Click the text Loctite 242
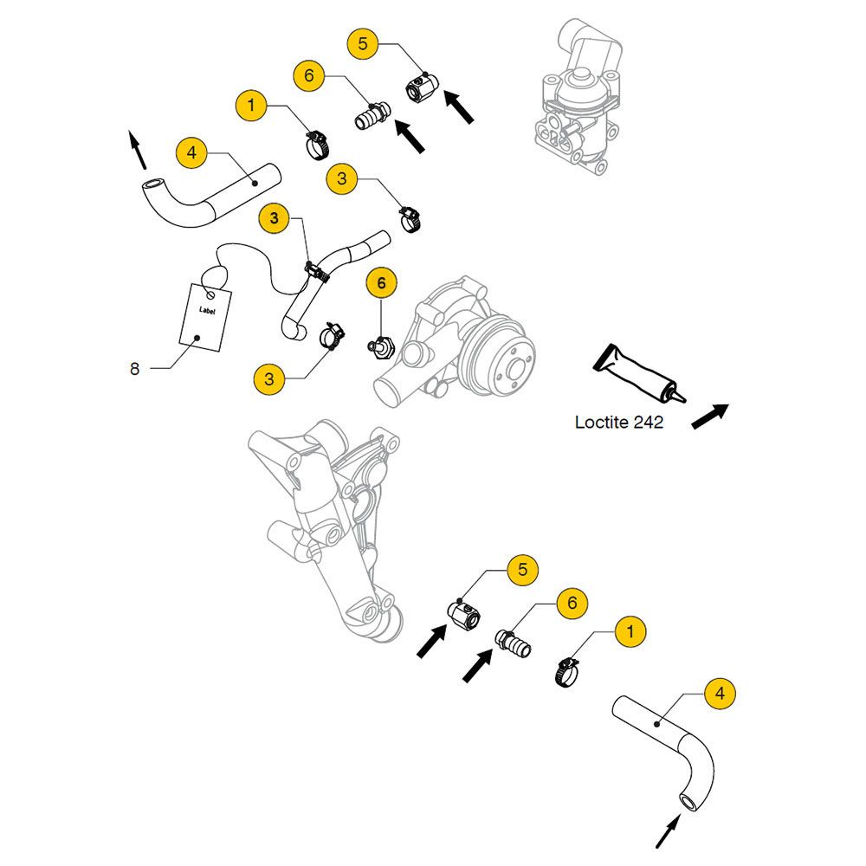point(618,423)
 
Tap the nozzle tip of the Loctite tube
point(682,399)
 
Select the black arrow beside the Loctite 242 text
point(710,416)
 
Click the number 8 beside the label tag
point(134,368)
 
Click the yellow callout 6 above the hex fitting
point(381,282)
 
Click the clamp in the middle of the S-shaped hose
point(317,273)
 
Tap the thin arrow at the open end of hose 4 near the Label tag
point(136,148)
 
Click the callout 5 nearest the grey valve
point(363,42)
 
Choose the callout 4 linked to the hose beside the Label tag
point(191,154)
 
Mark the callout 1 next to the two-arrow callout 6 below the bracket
point(630,632)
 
